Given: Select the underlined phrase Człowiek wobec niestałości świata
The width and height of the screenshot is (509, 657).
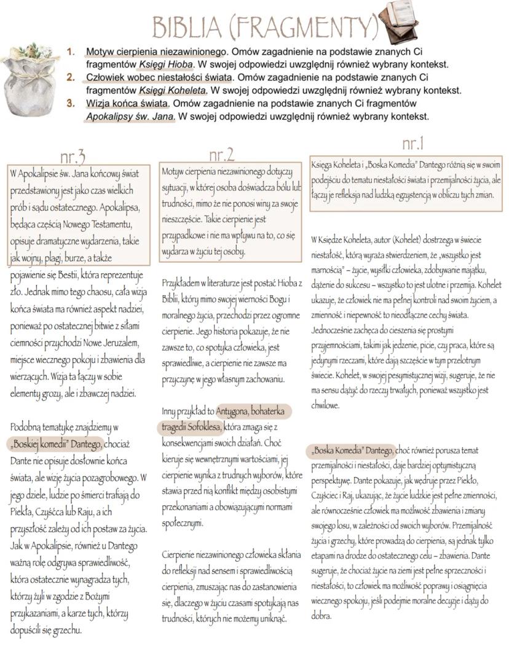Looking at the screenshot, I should pyautogui.click(x=159, y=78).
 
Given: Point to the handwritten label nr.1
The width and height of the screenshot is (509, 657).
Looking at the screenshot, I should pyautogui.click(x=412, y=144).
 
